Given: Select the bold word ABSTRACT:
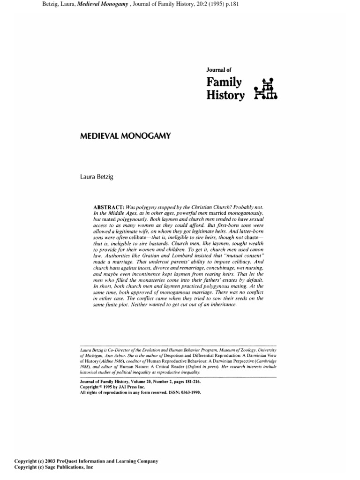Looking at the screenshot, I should (x=111, y=207).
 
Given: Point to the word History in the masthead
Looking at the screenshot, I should (x=225, y=96).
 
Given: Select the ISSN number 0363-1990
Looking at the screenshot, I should (x=190, y=393).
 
